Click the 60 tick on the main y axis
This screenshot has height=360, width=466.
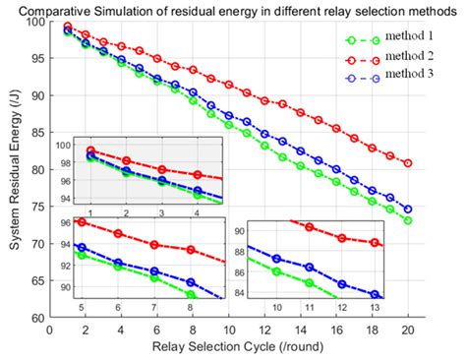pyautogui.click(x=36, y=318)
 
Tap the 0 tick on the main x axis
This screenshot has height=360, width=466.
pyautogui.click(x=48, y=330)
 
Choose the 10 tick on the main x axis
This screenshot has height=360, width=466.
pyautogui.click(x=228, y=330)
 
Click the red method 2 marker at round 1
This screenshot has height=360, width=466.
pyautogui.click(x=67, y=27)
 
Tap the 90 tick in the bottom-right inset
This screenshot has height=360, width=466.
pyautogui.click(x=242, y=229)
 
